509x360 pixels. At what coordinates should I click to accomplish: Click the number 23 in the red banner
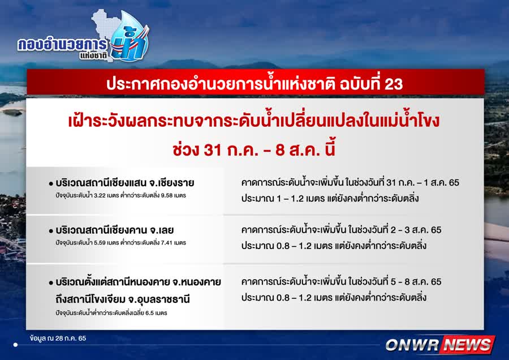(x=394, y=84)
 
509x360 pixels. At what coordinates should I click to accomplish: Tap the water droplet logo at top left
(x=130, y=36)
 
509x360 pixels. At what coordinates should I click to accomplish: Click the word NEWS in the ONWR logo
(x=468, y=345)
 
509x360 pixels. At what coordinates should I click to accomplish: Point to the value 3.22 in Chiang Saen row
(x=100, y=196)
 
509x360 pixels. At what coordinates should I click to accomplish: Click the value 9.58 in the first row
(x=166, y=196)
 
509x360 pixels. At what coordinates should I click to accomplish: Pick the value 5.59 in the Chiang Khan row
(x=100, y=243)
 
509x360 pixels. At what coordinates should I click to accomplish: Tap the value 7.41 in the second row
(x=166, y=243)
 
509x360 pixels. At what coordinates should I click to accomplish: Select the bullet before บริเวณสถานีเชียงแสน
(x=51, y=184)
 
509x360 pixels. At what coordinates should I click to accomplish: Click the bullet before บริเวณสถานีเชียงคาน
(x=51, y=231)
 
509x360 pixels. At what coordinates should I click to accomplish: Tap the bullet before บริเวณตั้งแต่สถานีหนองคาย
(x=51, y=282)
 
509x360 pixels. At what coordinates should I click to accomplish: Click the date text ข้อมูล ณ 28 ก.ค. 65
(x=58, y=338)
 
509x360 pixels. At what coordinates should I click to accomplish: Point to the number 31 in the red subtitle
(x=213, y=150)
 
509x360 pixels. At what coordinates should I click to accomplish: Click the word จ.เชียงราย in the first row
(x=171, y=183)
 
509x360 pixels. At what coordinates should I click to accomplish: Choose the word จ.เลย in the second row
(x=162, y=230)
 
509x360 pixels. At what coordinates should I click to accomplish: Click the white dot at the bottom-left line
(x=15, y=345)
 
